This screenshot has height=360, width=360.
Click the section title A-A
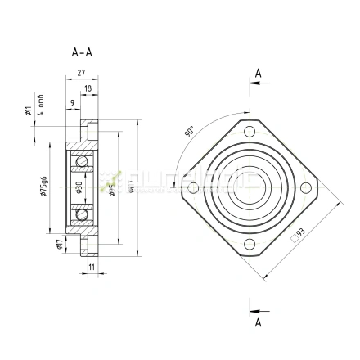pos(82,52)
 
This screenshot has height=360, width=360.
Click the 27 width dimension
pos(81,73)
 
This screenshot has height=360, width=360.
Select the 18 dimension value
pos(88,87)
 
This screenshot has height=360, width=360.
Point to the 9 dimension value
pos(73,102)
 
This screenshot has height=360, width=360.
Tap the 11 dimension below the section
pos(91,267)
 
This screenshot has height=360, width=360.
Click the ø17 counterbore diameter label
pos(58,245)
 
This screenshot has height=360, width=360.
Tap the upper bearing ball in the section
pos(81,161)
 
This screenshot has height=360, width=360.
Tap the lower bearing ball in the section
pos(81,214)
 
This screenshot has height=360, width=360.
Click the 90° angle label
pos(190,131)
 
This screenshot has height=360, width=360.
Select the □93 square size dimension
pos(298,235)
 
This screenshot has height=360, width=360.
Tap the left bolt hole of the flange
pos(193,189)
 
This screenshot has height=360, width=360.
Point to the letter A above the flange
pos(259,74)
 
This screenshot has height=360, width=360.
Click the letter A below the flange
pos(259,322)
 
